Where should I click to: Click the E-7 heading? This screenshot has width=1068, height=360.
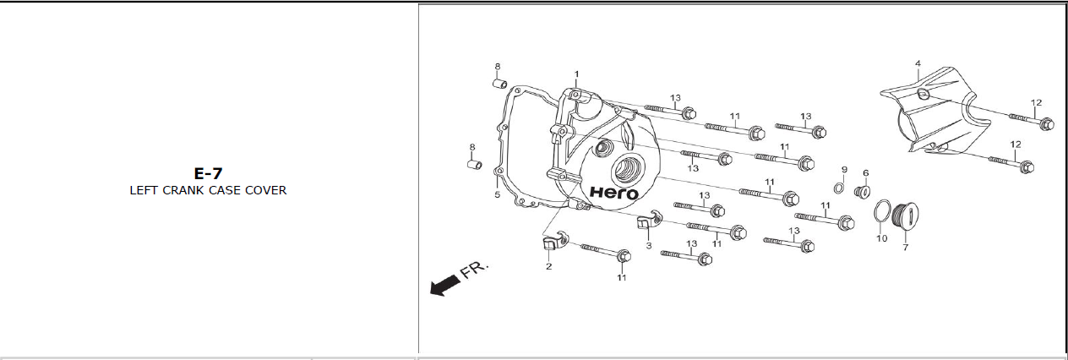tap(207, 173)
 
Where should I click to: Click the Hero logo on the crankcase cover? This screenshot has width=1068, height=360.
tap(613, 193)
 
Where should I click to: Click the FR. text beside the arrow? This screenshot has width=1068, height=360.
tap(475, 270)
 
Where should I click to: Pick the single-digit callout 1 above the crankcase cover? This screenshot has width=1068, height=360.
tap(577, 74)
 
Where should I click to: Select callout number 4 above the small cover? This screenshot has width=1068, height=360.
tap(918, 63)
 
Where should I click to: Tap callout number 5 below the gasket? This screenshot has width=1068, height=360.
tap(497, 195)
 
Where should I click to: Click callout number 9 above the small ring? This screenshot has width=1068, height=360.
tap(843, 170)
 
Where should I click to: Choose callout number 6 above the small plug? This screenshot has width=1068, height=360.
tap(865, 172)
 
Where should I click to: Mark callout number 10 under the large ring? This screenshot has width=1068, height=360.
tap(881, 238)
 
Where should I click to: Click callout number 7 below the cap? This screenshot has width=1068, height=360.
tap(905, 247)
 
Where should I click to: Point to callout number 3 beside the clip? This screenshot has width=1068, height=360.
tap(648, 245)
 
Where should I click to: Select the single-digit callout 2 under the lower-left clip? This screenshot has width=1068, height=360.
tap(548, 266)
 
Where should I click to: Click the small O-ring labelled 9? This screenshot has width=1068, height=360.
tap(839, 188)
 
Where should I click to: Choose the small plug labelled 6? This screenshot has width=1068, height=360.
tap(863, 192)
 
